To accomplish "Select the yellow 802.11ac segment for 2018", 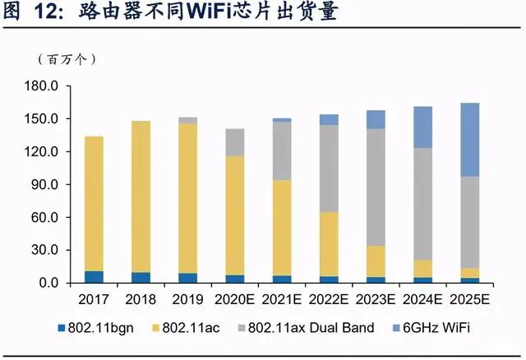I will point(141,196).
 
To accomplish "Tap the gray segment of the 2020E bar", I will point(235,142).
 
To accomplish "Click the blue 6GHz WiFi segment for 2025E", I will point(470,140).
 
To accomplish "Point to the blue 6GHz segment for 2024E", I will point(422,127).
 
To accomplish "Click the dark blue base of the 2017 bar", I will point(94,277).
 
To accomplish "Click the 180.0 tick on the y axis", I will point(41,86).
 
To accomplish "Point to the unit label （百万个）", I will point(67,60).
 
